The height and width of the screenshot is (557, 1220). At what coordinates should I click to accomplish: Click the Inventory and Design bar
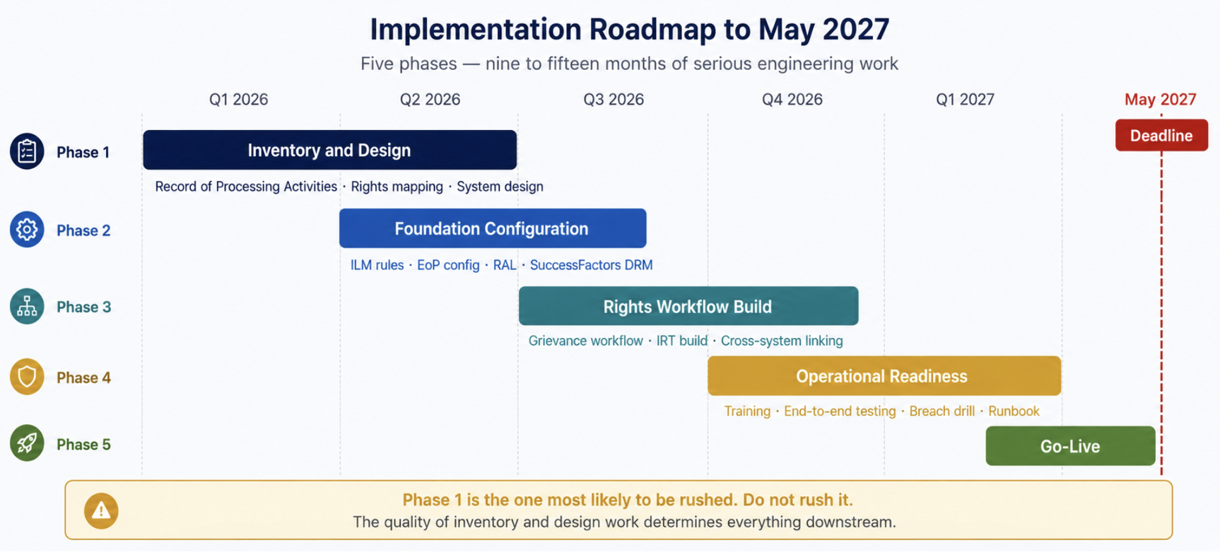pos(329,150)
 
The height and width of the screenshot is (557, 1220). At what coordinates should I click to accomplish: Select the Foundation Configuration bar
pos(493,228)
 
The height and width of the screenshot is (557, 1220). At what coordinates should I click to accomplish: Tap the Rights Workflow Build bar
pos(688,306)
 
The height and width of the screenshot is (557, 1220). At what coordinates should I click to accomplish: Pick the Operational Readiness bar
pos(884,376)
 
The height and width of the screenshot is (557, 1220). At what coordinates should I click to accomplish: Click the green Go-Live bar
pos(1071,446)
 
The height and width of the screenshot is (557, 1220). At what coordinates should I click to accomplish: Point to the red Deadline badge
pos(1161,135)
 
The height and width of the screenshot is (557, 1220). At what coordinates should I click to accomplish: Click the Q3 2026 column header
pos(614,100)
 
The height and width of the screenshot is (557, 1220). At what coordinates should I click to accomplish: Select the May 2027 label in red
pos(1161,100)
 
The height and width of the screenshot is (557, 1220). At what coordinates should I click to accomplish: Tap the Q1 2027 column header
pos(965,100)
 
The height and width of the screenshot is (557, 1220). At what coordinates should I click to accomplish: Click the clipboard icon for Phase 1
pos(27,151)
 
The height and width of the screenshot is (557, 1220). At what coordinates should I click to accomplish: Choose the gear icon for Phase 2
pos(27,230)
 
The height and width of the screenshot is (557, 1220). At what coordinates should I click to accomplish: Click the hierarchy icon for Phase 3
pos(27,307)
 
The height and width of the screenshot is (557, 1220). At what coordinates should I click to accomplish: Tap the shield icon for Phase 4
pos(27,377)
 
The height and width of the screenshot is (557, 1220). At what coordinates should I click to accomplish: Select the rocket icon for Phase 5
pos(27,443)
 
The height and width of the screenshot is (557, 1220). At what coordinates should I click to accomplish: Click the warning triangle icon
pos(101,510)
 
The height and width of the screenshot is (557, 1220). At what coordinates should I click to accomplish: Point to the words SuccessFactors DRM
pos(591,265)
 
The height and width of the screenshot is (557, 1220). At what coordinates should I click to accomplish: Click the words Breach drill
pos(942,411)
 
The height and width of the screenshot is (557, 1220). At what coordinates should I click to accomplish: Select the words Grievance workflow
pos(585,341)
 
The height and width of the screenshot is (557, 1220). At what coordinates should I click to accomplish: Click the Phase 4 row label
pos(83,377)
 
